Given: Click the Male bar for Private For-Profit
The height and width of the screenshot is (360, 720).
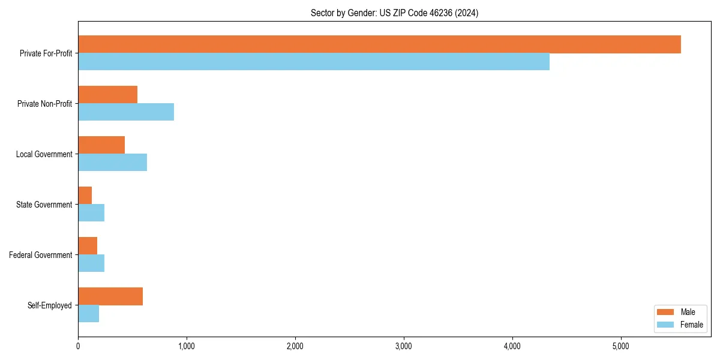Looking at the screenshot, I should coord(379,44).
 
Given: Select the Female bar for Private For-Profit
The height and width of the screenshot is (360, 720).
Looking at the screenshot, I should coord(314,62).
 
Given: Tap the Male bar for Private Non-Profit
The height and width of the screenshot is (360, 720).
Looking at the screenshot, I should coord(108,95).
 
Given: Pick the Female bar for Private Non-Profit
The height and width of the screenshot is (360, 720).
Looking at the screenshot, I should coord(126,112).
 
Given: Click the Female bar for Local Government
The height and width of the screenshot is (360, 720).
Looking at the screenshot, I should coord(112,163).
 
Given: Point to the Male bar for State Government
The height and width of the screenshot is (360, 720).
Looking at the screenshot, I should coord(85,196).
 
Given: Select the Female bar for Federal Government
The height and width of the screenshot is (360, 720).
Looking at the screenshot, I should coord(91,263).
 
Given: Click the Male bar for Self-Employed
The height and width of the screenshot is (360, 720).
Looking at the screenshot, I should coord(110,296).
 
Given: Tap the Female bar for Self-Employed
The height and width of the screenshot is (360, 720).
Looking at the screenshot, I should coord(89,314).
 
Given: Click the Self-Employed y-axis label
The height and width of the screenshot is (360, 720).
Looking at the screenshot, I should coord(50,305).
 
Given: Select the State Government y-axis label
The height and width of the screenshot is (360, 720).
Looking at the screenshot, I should coord(44,205).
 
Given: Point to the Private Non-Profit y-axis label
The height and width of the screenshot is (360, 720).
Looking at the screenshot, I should coord(44,104).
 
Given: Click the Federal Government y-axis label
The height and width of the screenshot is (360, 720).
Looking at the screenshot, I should coord(41,255).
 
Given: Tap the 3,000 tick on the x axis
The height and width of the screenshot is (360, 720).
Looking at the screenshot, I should coord(404,346).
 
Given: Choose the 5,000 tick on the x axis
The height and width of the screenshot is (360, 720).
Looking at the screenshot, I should coord(621,346).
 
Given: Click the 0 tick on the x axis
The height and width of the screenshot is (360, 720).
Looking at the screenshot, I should coord(78,346).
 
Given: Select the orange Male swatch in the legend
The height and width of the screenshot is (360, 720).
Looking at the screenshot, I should coord(666,312).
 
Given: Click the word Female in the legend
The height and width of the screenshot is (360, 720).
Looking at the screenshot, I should coord(692,325).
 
